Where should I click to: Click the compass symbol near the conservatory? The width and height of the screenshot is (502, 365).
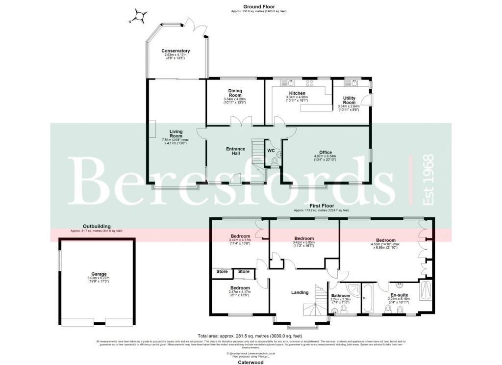pyautogui.click(x=140, y=16)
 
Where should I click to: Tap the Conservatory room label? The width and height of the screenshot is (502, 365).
pyautogui.click(x=176, y=51)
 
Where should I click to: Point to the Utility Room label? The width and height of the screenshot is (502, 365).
pyautogui.click(x=349, y=100)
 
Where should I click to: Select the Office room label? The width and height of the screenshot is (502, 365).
pyautogui.click(x=326, y=152)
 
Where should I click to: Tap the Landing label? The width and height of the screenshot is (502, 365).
pyautogui.click(x=300, y=292)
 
